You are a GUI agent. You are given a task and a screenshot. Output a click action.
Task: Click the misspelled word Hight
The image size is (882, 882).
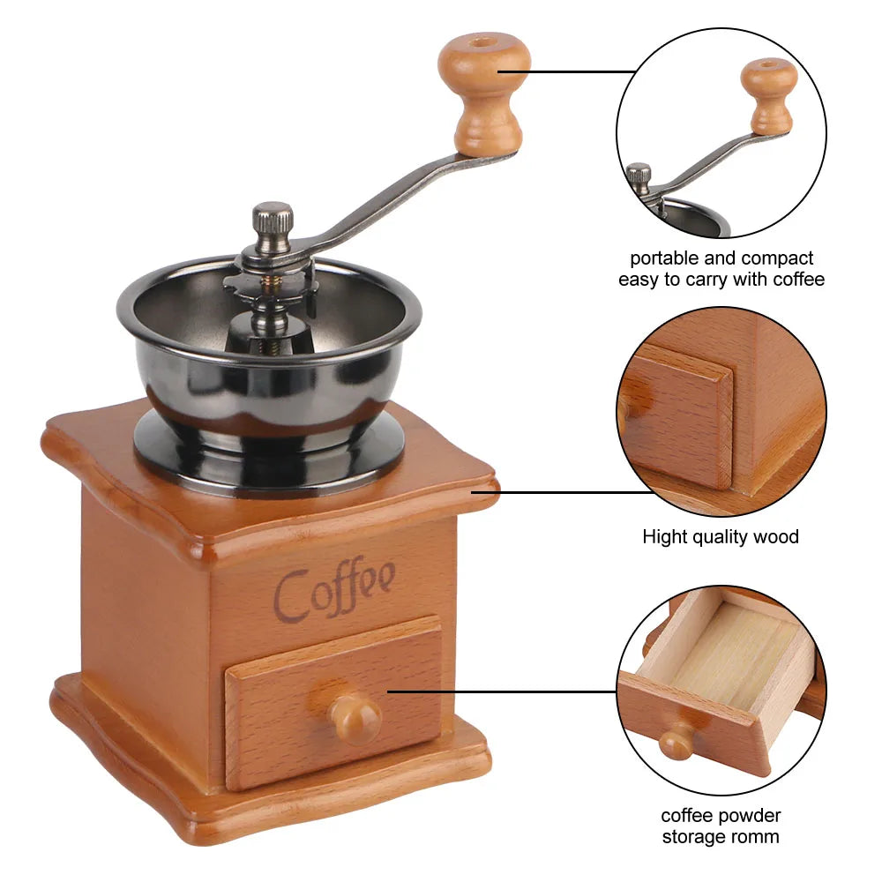pos(662,536)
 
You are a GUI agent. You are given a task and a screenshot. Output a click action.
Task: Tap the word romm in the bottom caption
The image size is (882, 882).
pos(755,836)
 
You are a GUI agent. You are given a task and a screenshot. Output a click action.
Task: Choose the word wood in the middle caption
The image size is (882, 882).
pos(777,536)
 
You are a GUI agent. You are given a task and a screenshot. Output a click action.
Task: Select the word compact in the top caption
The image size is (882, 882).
pos(777,258)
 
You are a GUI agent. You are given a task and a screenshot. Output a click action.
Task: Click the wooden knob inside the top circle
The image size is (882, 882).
pos(769,93)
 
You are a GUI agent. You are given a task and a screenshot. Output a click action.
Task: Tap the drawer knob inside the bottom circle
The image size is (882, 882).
pos(676,744)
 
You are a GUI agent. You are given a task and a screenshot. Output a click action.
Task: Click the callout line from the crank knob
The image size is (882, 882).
pos(582,71)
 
